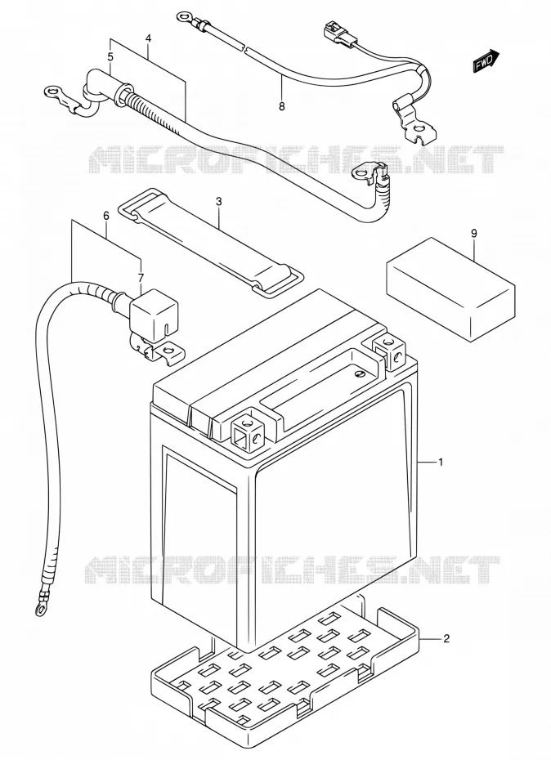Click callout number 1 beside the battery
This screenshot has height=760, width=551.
(441, 462)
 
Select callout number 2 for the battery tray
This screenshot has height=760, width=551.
(446, 638)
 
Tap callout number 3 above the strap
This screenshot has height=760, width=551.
(219, 201)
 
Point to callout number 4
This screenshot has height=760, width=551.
(148, 38)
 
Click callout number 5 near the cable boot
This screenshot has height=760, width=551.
(110, 56)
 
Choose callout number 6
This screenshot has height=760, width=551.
(106, 217)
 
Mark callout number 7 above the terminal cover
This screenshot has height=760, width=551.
(141, 278)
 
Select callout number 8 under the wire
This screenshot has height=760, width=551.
(282, 106)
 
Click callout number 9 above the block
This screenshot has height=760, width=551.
(474, 233)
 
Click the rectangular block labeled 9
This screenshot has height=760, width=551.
(450, 289)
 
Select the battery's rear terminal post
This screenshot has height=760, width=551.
(388, 350)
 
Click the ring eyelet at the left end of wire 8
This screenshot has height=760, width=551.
(184, 19)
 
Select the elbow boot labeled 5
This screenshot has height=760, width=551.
(103, 87)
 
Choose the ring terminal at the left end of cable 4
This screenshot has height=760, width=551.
(53, 92)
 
